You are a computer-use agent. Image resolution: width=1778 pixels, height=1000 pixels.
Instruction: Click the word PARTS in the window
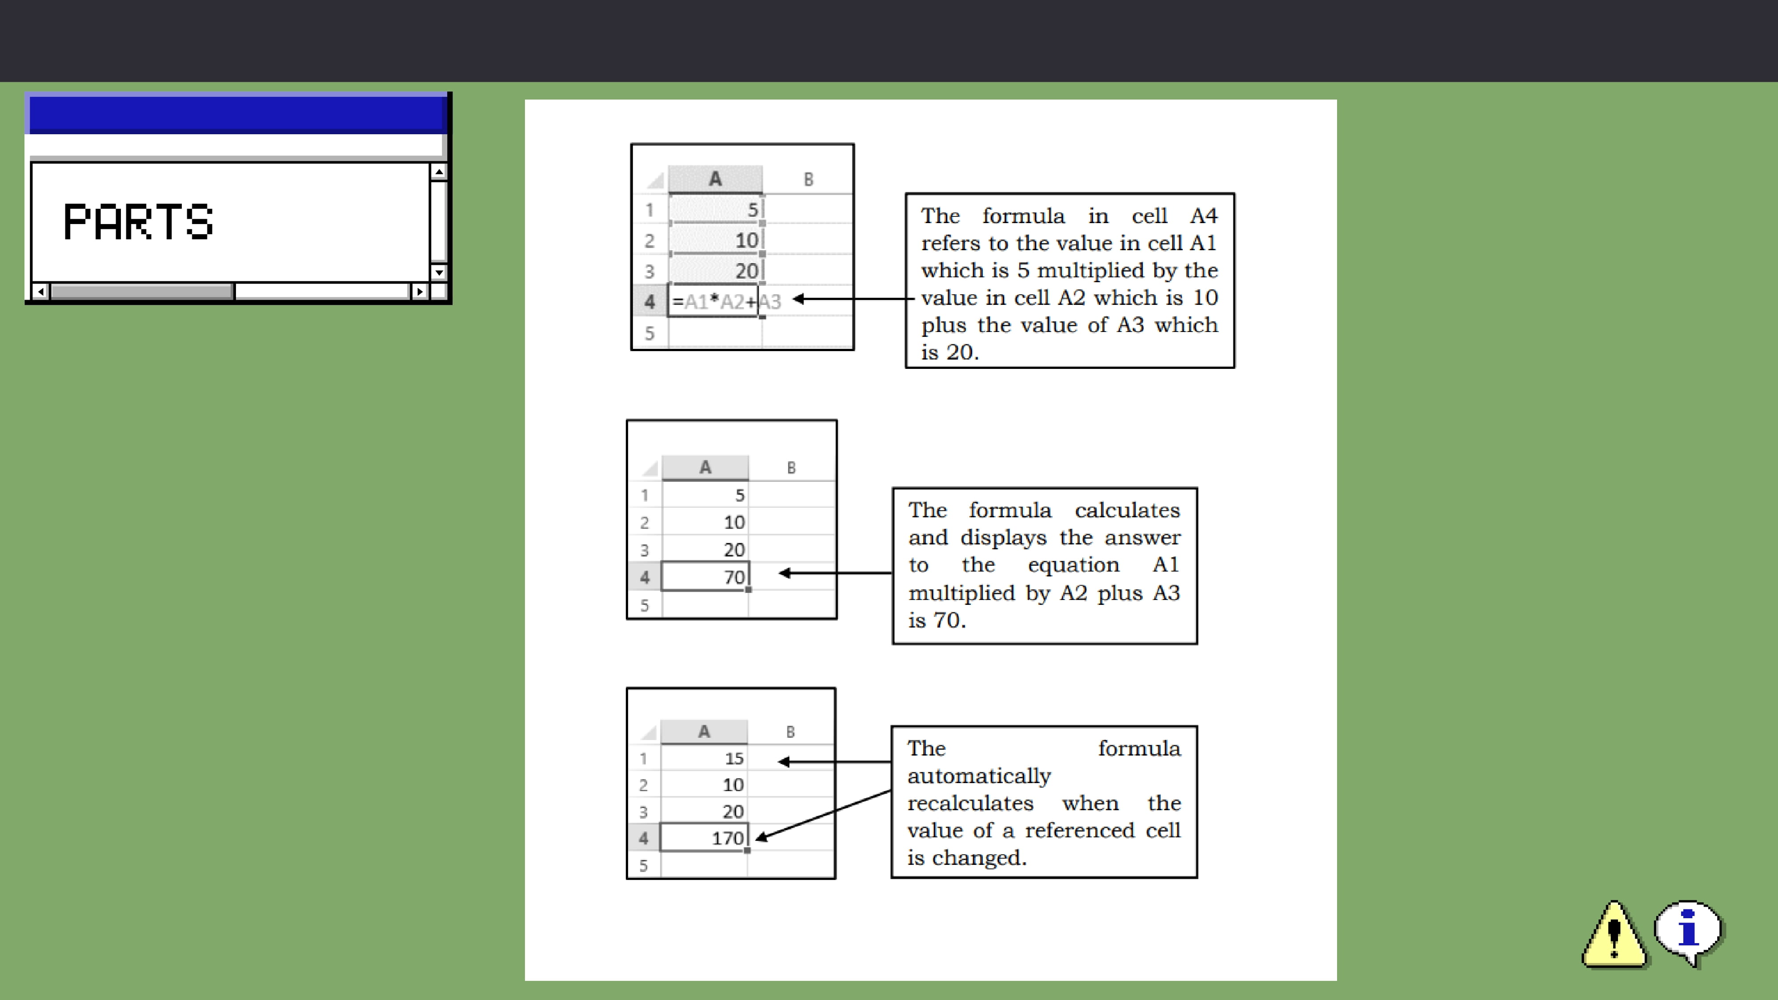coord(138,222)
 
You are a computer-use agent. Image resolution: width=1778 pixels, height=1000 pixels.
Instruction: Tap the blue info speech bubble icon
coord(1688,932)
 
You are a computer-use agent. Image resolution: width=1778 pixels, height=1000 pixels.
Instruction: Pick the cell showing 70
coord(705,577)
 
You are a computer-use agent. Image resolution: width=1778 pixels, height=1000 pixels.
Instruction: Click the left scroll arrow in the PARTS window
coord(40,291)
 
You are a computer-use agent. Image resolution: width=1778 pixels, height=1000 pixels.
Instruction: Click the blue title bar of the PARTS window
coord(237,115)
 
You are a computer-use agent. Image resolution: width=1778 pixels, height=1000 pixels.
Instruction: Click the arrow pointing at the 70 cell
coord(835,573)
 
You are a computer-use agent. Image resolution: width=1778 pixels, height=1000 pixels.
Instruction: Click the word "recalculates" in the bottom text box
coord(970,803)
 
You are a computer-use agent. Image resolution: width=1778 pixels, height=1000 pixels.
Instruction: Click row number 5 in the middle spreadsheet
coord(645,605)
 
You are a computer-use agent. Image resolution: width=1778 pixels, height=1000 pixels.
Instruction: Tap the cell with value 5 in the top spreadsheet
coord(715,209)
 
